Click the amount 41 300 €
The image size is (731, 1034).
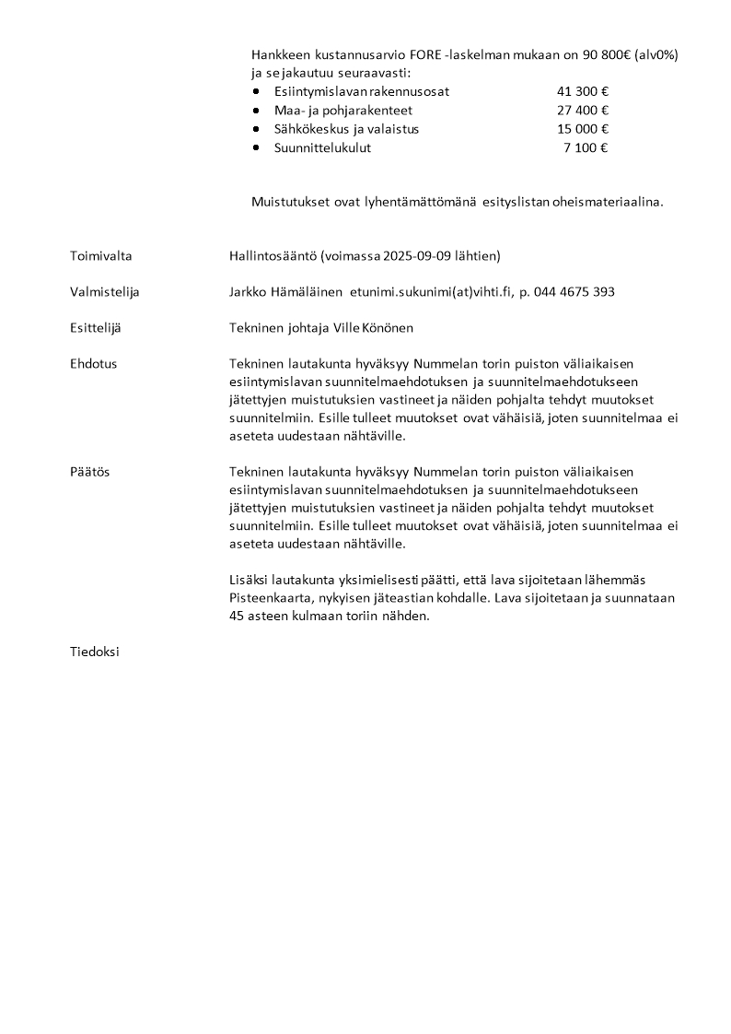point(583,92)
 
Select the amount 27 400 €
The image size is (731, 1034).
point(583,111)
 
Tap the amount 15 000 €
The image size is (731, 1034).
point(583,129)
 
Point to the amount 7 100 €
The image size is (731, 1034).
point(586,147)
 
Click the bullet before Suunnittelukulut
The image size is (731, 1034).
point(256,147)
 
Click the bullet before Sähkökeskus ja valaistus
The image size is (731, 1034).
point(256,129)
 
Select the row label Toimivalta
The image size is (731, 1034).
point(99,256)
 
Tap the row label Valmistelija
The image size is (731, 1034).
point(104,292)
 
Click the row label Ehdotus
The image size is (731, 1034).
point(93,364)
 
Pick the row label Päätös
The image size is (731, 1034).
point(89,472)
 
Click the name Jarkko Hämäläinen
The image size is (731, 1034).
point(285,292)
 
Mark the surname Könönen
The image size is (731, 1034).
point(387,328)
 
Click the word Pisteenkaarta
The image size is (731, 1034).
point(266,598)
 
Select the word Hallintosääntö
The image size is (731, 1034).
point(273,256)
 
